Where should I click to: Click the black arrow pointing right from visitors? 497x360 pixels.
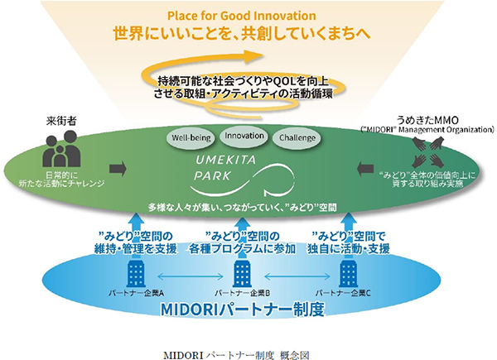click(118, 169)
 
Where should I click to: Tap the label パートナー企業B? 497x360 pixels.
click(242, 292)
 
